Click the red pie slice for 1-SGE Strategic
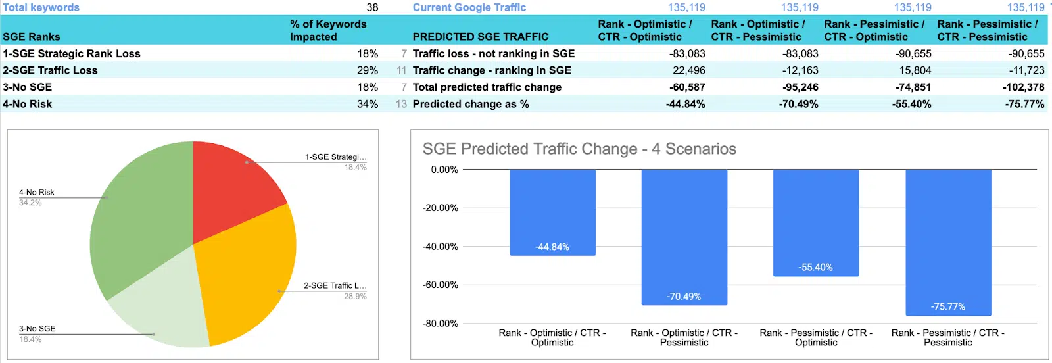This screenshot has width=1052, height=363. pyautogui.click(x=230, y=184)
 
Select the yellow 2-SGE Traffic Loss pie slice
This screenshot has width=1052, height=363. pyautogui.click(x=247, y=276)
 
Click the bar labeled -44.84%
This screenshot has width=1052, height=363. pyautogui.click(x=552, y=210)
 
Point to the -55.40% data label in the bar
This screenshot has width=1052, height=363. pyautogui.click(x=815, y=268)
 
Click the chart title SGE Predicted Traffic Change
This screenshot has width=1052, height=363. pyautogui.click(x=579, y=149)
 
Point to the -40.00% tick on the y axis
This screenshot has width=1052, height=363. pyautogui.click(x=440, y=247)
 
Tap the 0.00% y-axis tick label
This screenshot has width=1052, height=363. pyautogui.click(x=444, y=170)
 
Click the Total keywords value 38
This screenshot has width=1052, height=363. pyautogui.click(x=372, y=7)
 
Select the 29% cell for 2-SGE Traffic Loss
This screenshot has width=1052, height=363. pyautogui.click(x=368, y=70)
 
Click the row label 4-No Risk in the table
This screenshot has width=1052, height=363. pyautogui.click(x=28, y=104)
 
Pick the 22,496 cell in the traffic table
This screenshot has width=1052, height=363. pyautogui.click(x=688, y=70)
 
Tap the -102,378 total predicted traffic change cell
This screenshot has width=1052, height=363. pyautogui.click(x=1023, y=87)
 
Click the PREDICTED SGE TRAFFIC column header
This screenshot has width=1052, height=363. pyautogui.click(x=480, y=37)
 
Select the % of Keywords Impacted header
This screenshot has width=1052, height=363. pyautogui.click(x=328, y=30)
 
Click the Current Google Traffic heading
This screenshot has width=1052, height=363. pyautogui.click(x=469, y=7)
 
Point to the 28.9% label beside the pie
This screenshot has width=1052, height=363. pyautogui.click(x=355, y=297)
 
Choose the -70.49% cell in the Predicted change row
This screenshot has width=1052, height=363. pyautogui.click(x=798, y=104)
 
